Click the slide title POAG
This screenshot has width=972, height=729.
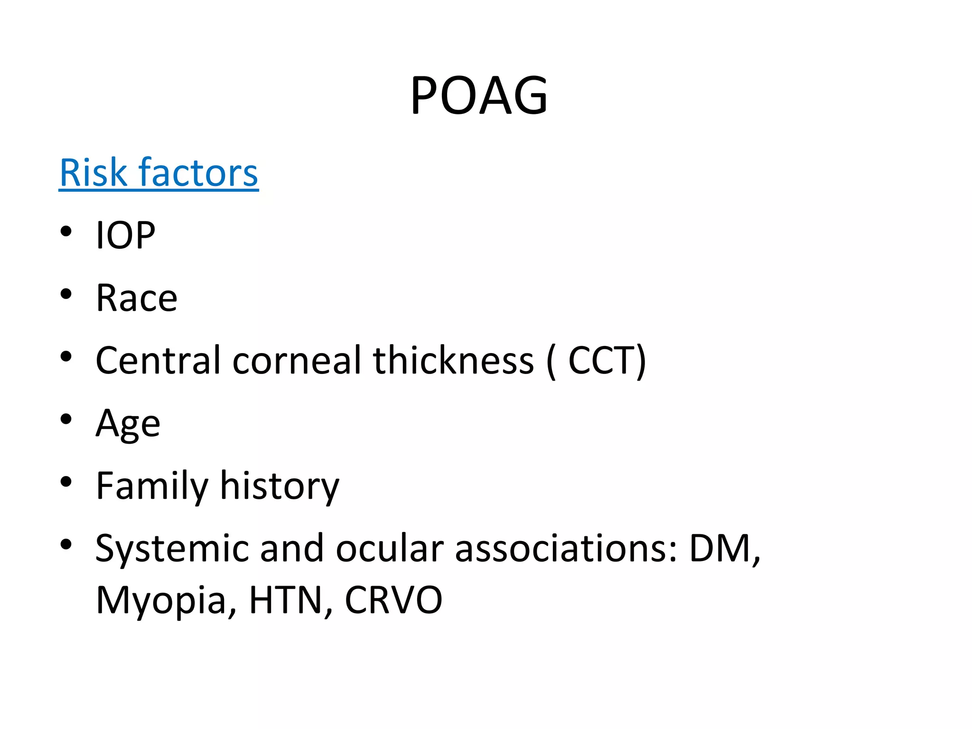(x=479, y=96)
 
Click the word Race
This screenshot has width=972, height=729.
(x=137, y=298)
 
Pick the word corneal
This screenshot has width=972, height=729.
(x=297, y=360)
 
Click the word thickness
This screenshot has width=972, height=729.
(x=453, y=360)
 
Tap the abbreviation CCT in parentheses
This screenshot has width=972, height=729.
(x=601, y=360)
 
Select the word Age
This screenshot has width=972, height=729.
(x=128, y=423)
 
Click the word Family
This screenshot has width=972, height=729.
(x=152, y=486)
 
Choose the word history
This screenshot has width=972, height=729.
(x=280, y=486)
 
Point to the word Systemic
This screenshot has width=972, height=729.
(x=172, y=549)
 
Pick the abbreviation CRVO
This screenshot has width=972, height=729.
(x=393, y=600)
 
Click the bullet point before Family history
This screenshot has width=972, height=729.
(x=66, y=482)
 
